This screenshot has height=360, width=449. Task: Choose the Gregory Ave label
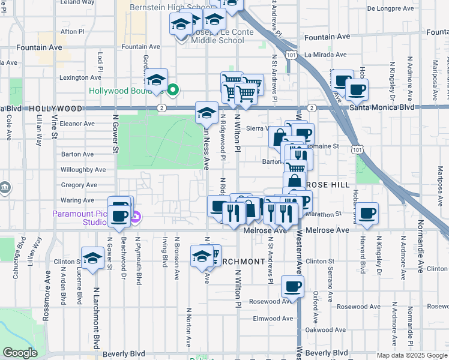click(x=79, y=185)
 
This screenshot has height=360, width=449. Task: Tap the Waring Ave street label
click(x=77, y=200)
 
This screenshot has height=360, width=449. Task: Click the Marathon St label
click(x=323, y=213)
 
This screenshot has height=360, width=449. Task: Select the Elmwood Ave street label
click(x=273, y=319)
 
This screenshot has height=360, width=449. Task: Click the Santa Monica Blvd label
click(x=382, y=107)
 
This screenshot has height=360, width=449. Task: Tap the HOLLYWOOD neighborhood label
click(x=54, y=109)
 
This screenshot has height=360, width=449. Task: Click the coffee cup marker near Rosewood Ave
click(x=292, y=287)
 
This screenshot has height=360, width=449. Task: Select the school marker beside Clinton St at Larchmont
click(x=92, y=258)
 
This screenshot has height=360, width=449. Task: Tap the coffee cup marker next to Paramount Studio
click(x=118, y=217)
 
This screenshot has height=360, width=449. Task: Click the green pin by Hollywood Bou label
click(x=173, y=91)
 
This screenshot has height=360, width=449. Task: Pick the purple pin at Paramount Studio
click(x=136, y=217)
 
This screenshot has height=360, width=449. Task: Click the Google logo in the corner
click(x=20, y=353)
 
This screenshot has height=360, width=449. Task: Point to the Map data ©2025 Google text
click(x=412, y=355)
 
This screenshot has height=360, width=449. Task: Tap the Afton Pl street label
click(x=72, y=31)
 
